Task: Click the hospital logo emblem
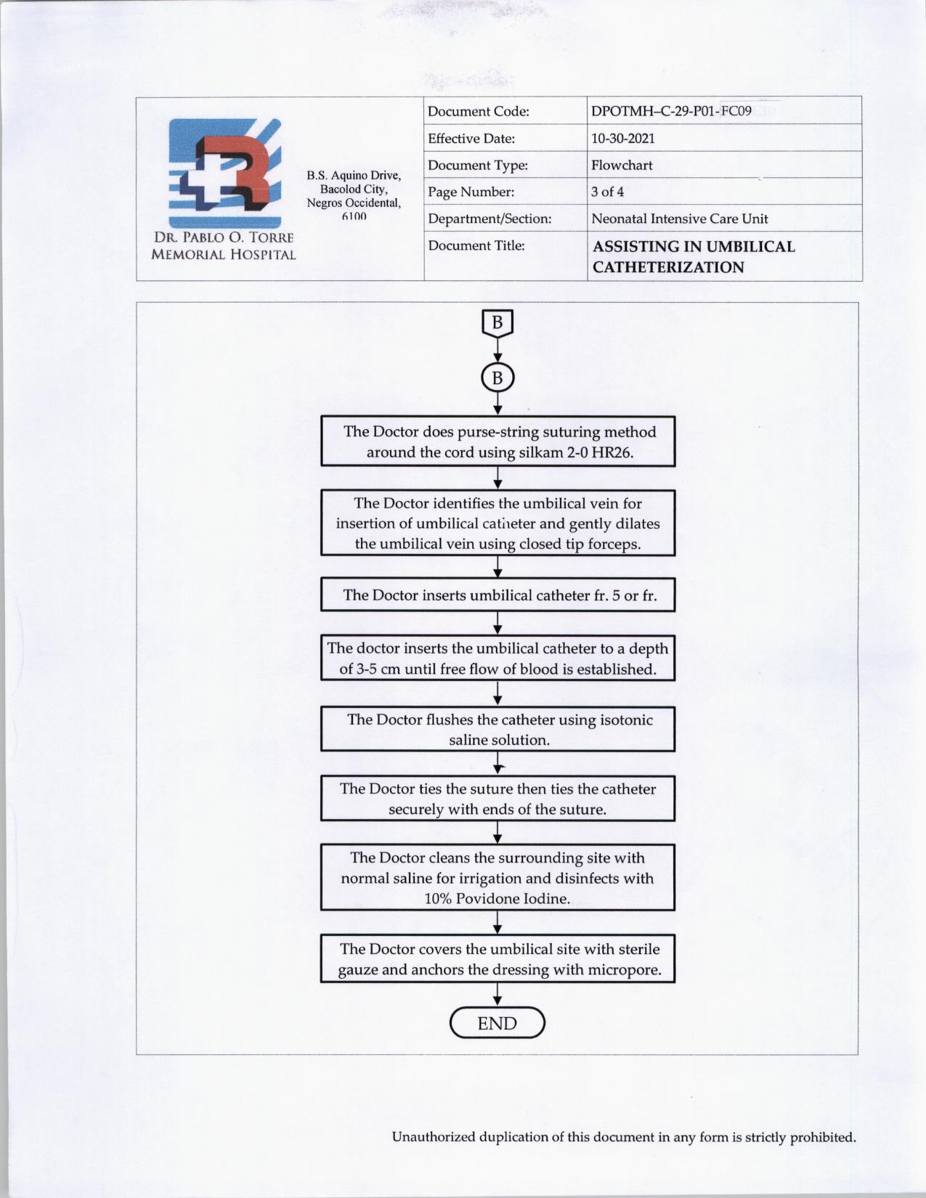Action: [x=224, y=172]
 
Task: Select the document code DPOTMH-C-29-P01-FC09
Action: [x=671, y=111]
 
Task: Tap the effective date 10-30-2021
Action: [x=622, y=138]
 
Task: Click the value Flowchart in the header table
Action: [x=622, y=165]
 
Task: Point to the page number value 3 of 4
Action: [x=607, y=192]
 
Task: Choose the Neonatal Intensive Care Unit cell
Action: [x=679, y=219]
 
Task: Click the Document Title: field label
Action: [x=476, y=245]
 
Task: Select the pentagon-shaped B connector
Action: [x=497, y=323]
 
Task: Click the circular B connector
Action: [x=497, y=378]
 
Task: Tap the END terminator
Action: [x=497, y=1023]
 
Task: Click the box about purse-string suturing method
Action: [x=498, y=441]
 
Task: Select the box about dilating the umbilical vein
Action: [x=498, y=523]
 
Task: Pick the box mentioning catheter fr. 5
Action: [x=498, y=595]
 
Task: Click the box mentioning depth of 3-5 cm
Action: [x=498, y=658]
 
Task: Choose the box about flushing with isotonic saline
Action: [x=498, y=729]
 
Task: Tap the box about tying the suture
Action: [x=498, y=799]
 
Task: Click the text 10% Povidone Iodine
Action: [x=497, y=898]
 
